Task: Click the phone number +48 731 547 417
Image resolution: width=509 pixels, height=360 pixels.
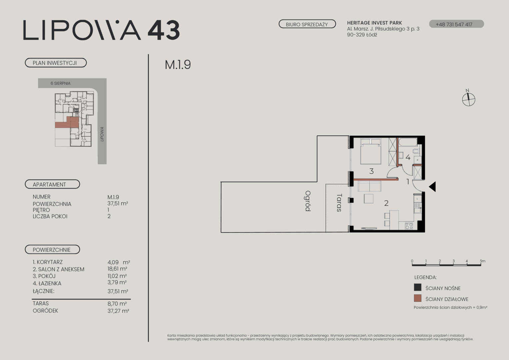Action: [x=454, y=24]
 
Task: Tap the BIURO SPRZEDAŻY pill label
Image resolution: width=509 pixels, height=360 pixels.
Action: [x=307, y=24]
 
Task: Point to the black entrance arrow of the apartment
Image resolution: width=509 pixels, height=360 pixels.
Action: [x=432, y=187]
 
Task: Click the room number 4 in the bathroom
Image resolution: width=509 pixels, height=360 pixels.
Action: [x=408, y=157]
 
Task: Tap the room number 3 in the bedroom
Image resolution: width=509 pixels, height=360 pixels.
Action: [x=372, y=171]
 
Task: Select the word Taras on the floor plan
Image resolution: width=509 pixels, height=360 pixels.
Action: [x=339, y=203]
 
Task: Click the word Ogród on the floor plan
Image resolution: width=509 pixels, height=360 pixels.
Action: [x=308, y=201]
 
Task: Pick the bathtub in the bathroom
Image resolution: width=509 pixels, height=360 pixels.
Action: [x=408, y=142]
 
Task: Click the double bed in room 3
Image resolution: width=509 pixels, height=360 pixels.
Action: [x=371, y=151]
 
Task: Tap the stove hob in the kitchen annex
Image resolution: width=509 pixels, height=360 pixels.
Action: [x=409, y=226]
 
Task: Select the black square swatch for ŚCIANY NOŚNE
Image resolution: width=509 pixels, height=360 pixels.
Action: [x=418, y=287]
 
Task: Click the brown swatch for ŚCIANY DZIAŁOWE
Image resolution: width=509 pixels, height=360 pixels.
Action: [x=418, y=298]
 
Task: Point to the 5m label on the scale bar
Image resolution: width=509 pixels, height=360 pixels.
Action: [x=482, y=261]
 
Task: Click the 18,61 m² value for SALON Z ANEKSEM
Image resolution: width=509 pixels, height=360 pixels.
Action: [x=117, y=269]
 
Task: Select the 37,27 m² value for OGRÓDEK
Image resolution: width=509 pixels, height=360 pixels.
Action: [x=118, y=311]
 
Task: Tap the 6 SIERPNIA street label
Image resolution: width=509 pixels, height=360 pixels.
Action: [x=60, y=83]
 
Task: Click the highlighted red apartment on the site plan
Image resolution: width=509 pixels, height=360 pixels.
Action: [x=67, y=123]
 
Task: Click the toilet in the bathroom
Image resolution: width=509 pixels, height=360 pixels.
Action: [x=417, y=151]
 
